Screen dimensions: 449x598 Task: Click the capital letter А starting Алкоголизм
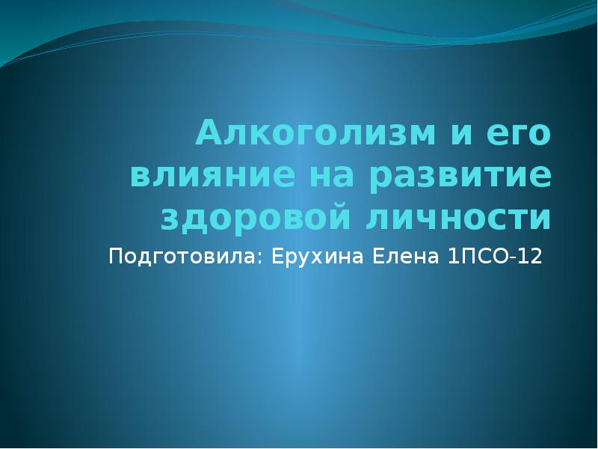point(206,134)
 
